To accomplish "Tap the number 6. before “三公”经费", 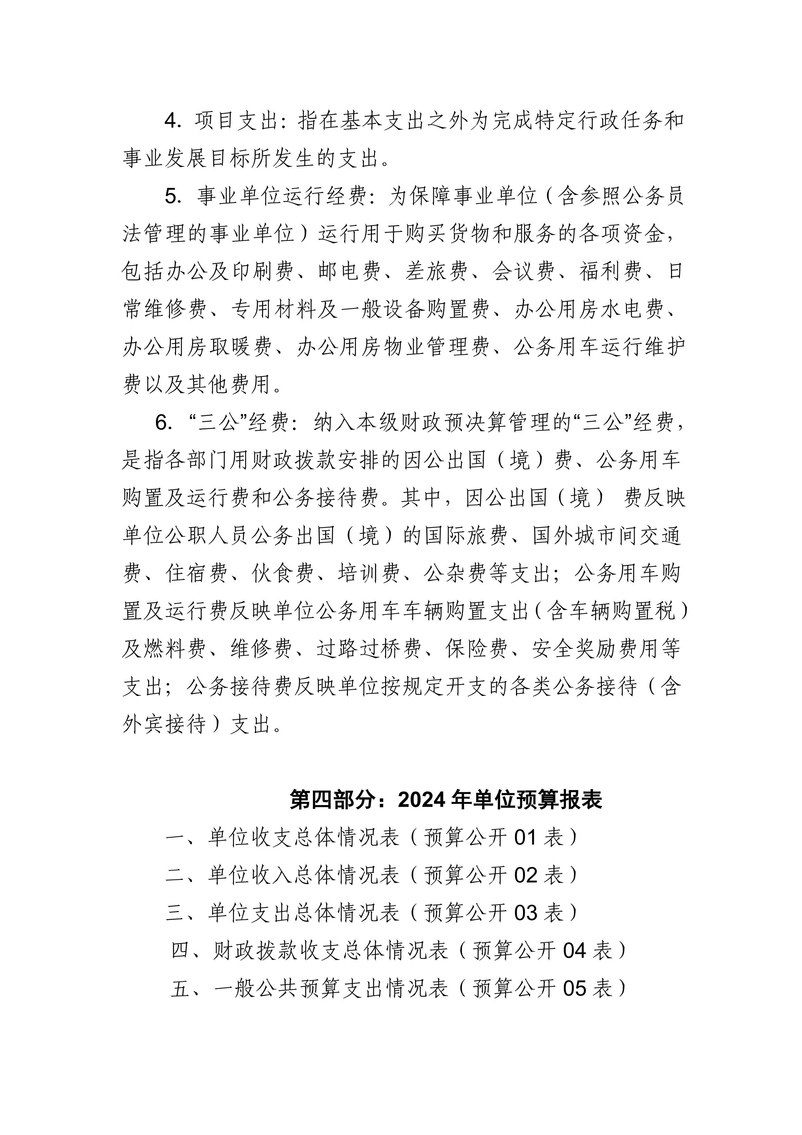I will [x=164, y=423].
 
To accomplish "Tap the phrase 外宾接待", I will [x=164, y=725].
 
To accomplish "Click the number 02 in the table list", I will [x=526, y=875].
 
